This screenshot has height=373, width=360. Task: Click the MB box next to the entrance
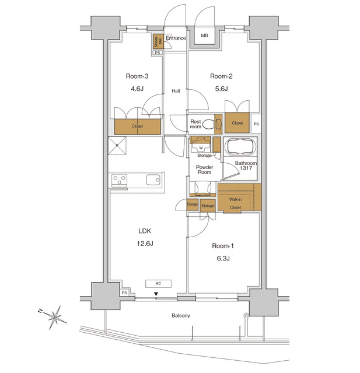pyautogui.click(x=204, y=37)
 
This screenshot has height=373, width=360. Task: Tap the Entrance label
pyautogui.click(x=176, y=38)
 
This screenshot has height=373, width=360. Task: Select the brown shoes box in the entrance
pyautogui.click(x=157, y=41)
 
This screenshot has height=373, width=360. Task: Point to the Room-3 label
pyautogui.click(x=137, y=76)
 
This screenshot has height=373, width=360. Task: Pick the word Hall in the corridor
pyautogui.click(x=175, y=91)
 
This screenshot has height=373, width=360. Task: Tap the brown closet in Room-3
pyautogui.click(x=138, y=126)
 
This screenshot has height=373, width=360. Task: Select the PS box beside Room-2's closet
pyautogui.click(x=256, y=124)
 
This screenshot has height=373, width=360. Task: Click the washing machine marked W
pyautogui.click(x=201, y=148)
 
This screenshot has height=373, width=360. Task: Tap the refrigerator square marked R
pyautogui.click(x=117, y=146)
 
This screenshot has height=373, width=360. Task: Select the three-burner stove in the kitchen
pyautogui.click(x=120, y=181)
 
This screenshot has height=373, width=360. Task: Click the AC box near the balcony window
pyautogui.click(x=158, y=284)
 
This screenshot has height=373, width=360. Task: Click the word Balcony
pyautogui.click(x=181, y=315)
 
